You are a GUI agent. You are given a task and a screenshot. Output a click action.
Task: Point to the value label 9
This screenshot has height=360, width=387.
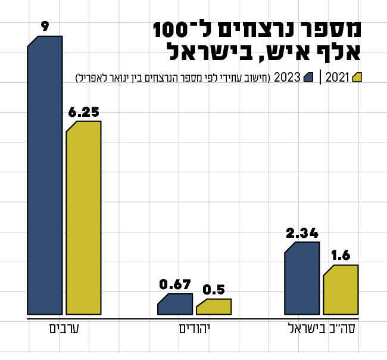pyautogui.click(x=45, y=27)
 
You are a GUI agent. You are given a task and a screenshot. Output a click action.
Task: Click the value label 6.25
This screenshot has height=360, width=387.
pyautogui.click(x=83, y=112)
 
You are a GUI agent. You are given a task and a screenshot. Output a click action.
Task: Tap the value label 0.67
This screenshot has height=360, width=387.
pyautogui.click(x=175, y=284)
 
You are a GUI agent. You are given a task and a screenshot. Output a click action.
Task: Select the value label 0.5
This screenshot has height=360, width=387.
pyautogui.click(x=214, y=290)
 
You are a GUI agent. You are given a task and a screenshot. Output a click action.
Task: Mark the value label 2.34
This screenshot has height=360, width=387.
pyautogui.click(x=302, y=233)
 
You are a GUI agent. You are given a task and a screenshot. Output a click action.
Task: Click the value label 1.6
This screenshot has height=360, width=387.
pyautogui.click(x=341, y=256)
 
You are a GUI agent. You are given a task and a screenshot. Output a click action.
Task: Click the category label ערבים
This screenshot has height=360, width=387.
pyautogui.click(x=64, y=329)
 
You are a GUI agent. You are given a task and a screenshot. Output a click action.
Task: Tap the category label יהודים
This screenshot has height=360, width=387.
pyautogui.click(x=195, y=329)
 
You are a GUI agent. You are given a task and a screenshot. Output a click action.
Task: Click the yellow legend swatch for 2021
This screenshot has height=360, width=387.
pyautogui.click(x=357, y=77)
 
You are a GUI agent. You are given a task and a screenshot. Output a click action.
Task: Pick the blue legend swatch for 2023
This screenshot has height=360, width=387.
pyautogui.click(x=308, y=77)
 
